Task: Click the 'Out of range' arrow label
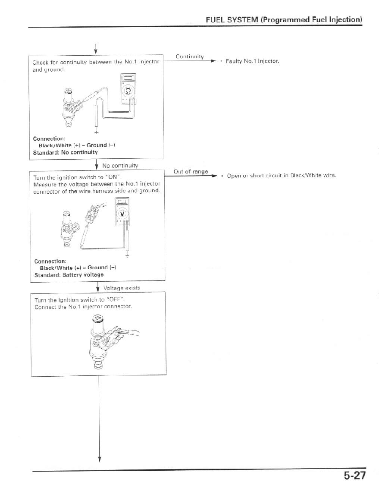coord(191,171)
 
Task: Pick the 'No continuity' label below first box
coord(120,165)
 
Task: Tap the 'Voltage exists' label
coord(122,287)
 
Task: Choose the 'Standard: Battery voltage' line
coord(69,274)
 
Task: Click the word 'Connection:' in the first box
coord(49,139)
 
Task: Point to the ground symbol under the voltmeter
coord(127,255)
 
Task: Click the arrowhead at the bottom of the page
coord(99,458)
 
